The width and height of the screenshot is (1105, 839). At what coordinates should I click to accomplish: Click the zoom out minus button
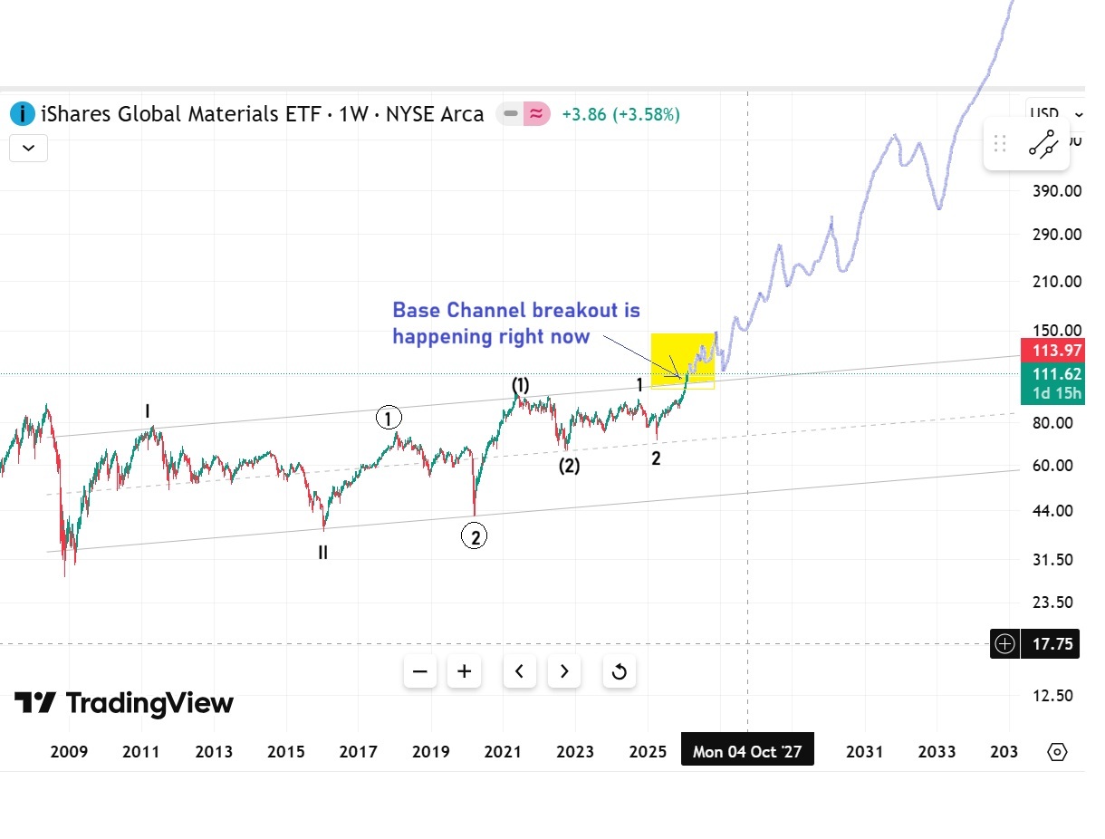(x=420, y=671)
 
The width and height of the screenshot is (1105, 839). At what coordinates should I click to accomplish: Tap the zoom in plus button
(x=465, y=671)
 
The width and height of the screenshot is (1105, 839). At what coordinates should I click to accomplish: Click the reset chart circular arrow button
(x=620, y=671)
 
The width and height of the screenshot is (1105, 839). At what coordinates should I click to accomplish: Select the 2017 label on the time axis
(x=358, y=752)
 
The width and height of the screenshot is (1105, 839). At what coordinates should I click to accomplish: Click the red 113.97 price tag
(x=1051, y=351)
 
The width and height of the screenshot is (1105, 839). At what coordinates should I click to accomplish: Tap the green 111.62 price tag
(x=1051, y=373)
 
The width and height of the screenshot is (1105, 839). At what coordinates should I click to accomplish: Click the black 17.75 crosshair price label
(x=1051, y=644)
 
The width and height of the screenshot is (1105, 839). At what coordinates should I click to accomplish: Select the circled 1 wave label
(x=389, y=419)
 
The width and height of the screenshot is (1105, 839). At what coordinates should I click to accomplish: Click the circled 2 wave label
(x=474, y=536)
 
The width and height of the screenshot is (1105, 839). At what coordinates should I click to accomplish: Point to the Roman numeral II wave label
(x=322, y=552)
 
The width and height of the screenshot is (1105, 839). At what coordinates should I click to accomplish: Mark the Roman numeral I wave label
(x=148, y=411)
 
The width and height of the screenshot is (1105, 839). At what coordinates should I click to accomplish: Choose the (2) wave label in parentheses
(x=569, y=467)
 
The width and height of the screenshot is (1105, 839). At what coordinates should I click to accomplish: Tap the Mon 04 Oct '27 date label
(x=747, y=752)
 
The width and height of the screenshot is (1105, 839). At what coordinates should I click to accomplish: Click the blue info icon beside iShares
(x=22, y=114)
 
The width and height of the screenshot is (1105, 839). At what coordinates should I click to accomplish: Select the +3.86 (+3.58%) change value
(x=620, y=115)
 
